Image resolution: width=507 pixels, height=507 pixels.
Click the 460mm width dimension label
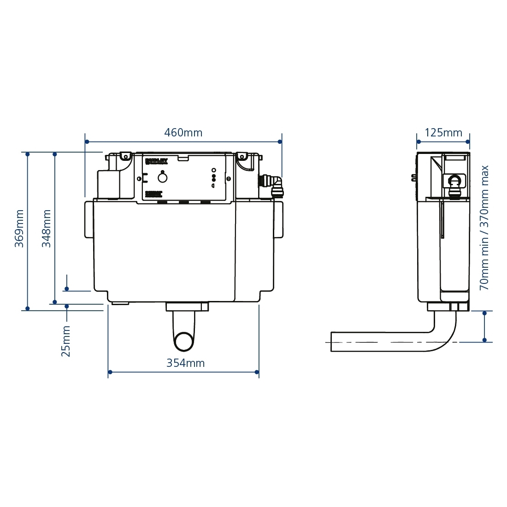[x=183, y=133]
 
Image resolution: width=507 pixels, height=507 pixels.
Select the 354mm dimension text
[x=185, y=363]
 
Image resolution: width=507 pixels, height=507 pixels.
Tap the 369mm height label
[x=19, y=228]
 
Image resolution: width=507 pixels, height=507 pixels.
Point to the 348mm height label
[x=47, y=228]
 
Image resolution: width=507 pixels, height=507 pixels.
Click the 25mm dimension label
[x=66, y=341]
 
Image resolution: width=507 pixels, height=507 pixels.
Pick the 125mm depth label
[x=443, y=133]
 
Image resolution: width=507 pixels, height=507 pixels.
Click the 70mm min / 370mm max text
[x=484, y=228]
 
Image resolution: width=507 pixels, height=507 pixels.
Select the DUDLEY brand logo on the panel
[x=157, y=161]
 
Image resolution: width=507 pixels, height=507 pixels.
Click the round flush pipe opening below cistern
[x=184, y=342]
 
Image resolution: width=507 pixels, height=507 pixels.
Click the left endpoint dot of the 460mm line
[x=86, y=142]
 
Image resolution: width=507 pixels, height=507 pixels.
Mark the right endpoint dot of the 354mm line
[x=258, y=372]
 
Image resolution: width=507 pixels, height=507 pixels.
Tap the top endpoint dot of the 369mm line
[x=28, y=153]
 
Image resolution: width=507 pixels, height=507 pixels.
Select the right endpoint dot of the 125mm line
[x=469, y=142]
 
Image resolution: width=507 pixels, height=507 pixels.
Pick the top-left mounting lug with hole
[x=124, y=156]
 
